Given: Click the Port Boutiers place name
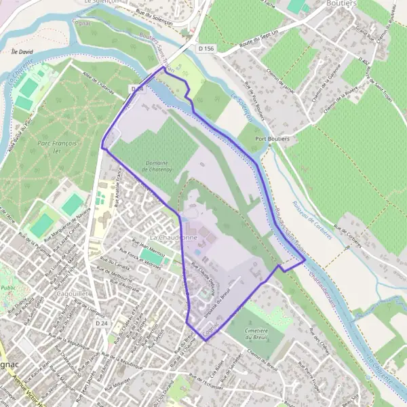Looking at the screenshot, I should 273,139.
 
